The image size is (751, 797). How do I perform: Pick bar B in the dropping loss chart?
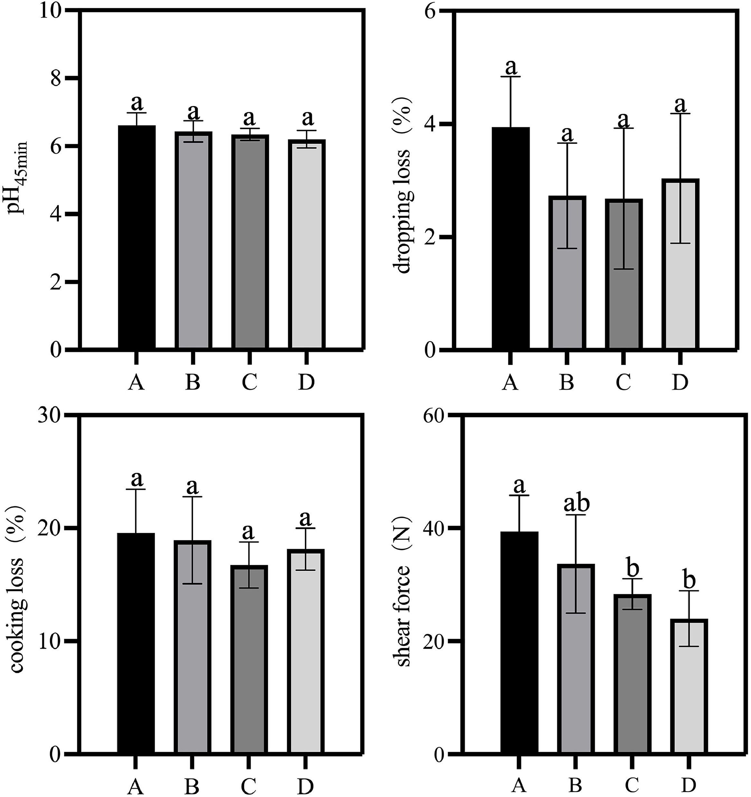(x=567, y=273)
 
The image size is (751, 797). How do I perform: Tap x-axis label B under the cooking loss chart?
(x=192, y=787)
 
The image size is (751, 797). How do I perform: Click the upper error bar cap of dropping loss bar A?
(x=510, y=76)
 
